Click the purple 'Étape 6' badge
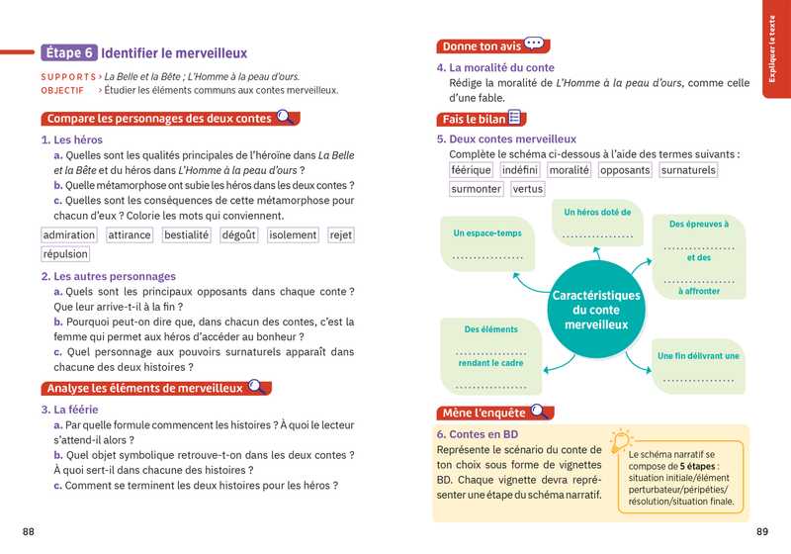pos(69,52)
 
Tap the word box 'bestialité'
pos(187,235)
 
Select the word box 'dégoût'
pos(239,235)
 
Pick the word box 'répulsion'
pos(66,254)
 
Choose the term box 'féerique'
pos(471,170)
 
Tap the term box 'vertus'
pos(528,189)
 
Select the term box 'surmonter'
pos(476,189)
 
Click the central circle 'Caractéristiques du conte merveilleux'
pos(596,310)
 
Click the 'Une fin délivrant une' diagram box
pos(698,365)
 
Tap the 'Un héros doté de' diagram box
pos(597,223)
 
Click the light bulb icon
pos(621,441)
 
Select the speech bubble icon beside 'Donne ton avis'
pos(535,45)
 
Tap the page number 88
pos(29,532)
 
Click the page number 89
pos(761,532)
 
